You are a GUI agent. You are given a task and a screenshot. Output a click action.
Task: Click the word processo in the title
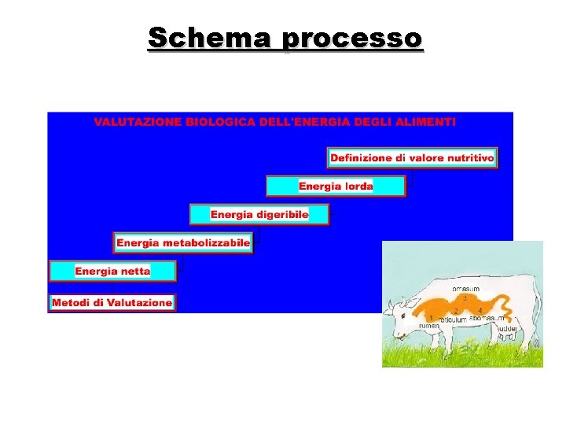pos(352,38)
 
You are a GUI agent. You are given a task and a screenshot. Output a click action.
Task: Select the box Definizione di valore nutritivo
pos(412,158)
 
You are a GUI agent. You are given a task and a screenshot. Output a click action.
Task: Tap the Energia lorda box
pos(336,187)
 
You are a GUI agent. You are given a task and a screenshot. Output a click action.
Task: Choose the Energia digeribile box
pos(259,214)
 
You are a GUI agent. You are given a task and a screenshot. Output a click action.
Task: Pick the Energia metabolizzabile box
pos(183,242)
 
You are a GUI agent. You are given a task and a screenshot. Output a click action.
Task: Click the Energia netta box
pos(112,271)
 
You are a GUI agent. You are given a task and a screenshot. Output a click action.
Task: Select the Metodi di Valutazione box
pos(112,302)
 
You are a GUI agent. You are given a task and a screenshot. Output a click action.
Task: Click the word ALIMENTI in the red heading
pos(427,122)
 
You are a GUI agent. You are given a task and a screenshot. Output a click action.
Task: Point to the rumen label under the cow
pos(428,325)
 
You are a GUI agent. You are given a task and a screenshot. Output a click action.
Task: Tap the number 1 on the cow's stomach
pos(431,317)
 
